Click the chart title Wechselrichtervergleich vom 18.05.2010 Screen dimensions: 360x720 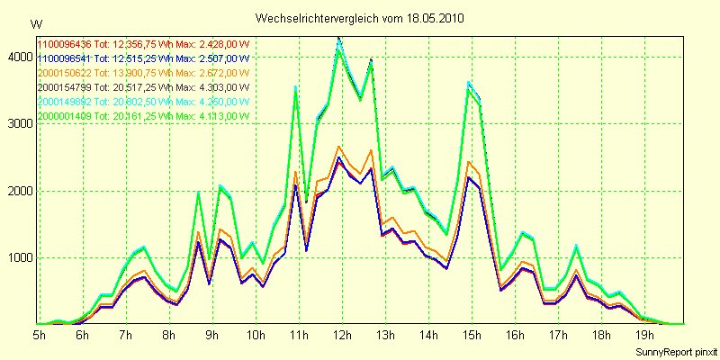360,18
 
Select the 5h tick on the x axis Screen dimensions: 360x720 39,336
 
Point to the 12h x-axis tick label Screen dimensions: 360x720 340,336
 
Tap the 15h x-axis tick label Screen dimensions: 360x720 470,336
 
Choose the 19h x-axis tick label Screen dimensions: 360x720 643,336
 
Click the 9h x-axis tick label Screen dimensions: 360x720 211,336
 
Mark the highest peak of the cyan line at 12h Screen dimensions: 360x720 339,39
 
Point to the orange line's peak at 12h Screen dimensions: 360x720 339,146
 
